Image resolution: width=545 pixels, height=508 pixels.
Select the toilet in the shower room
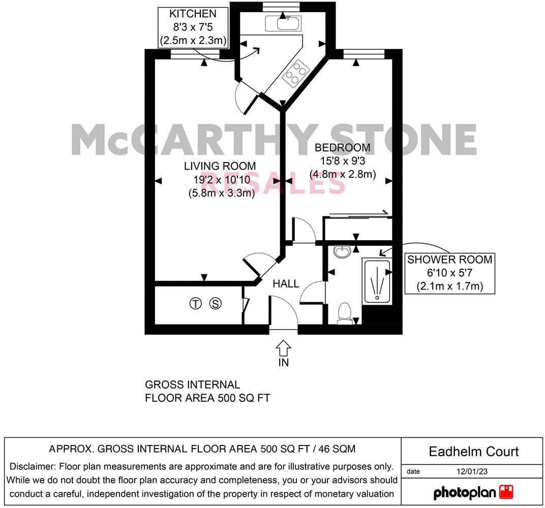point(345,312)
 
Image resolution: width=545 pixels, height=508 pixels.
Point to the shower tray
point(377,281)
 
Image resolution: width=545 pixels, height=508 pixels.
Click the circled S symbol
point(216,304)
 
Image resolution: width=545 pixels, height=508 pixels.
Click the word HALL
point(286,283)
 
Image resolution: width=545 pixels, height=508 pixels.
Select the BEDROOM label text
point(342,148)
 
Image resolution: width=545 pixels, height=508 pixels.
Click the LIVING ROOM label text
point(220,166)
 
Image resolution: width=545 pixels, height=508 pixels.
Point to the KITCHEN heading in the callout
point(193,14)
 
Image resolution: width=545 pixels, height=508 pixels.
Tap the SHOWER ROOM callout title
point(449,260)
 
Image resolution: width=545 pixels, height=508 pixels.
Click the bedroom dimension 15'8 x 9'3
point(342,161)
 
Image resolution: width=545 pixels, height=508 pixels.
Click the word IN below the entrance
point(283,362)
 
